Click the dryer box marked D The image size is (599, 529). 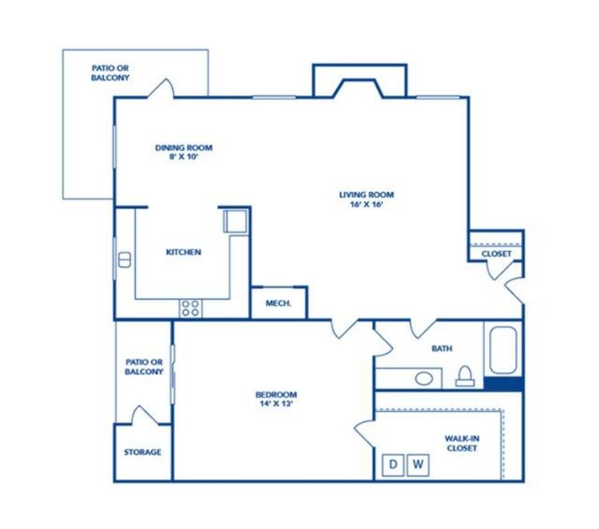(393, 465)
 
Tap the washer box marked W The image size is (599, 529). (418, 465)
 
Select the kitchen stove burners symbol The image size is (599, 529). (191, 308)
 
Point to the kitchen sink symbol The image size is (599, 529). (125, 260)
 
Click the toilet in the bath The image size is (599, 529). (465, 376)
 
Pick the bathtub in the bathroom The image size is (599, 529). (503, 349)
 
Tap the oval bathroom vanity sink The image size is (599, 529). (424, 379)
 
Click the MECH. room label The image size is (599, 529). (278, 304)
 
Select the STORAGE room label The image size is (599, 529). (143, 452)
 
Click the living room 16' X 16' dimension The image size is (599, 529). (367, 204)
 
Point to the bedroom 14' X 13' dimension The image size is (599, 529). (276, 404)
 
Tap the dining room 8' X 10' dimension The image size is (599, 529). (184, 156)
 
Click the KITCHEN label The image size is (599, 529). (184, 252)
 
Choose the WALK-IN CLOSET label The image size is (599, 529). (462, 444)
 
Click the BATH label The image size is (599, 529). (442, 348)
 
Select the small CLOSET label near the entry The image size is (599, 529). (497, 254)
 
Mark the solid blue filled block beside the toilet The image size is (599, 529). (503, 384)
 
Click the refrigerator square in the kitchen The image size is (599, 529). (235, 221)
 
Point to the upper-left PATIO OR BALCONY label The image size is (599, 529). (110, 73)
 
